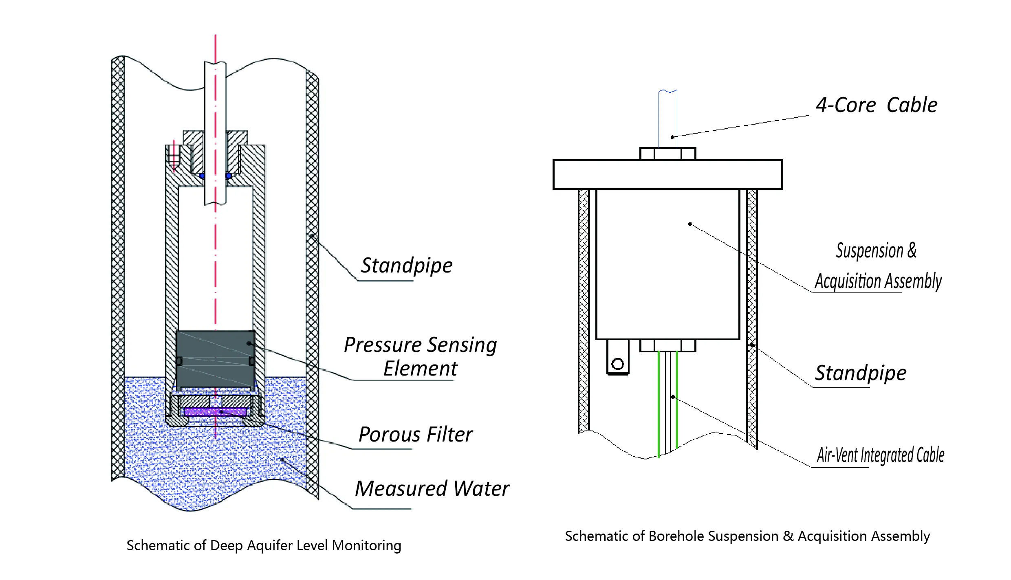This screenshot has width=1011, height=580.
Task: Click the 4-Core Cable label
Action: [876, 105]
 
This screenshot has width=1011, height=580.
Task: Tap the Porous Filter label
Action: [416, 435]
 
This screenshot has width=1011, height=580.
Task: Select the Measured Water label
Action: [432, 488]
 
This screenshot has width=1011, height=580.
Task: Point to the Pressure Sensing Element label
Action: [420, 356]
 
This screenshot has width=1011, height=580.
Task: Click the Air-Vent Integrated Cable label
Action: [880, 455]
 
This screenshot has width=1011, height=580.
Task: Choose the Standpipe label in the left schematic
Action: [407, 266]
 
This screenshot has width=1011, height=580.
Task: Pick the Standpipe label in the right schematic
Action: [860, 373]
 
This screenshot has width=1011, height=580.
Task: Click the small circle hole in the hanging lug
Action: [618, 364]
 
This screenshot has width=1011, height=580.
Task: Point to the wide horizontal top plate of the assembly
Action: [667, 175]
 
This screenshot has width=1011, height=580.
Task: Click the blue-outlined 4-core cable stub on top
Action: [667, 118]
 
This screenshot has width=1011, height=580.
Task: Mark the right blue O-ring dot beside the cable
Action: [229, 176]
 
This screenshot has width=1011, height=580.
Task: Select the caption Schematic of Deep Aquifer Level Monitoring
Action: [264, 545]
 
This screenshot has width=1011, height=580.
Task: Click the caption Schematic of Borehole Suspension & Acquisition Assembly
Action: [747, 536]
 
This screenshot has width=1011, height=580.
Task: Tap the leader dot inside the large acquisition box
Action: [689, 224]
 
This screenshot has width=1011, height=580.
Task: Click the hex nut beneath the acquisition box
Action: [667, 345]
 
